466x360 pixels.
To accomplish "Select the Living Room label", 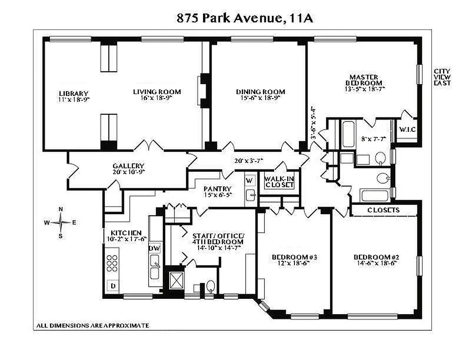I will tap(157, 92).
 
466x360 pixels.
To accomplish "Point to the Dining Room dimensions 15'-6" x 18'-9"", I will tap(260, 98).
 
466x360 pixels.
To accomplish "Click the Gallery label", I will tap(128, 166).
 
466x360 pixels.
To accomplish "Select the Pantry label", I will tap(217, 189).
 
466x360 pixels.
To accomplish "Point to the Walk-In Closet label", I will tap(280, 181).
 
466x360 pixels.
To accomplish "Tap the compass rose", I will tap(61, 222).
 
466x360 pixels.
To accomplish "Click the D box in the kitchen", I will tap(113, 285).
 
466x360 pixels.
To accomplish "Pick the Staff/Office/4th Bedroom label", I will tap(218, 239).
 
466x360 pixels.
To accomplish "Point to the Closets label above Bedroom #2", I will tap(384, 210).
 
